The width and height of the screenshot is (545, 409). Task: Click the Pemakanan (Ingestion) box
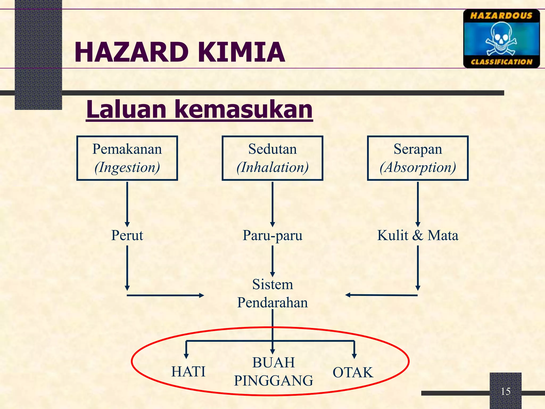point(127,158)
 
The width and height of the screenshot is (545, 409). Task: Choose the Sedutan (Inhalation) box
point(272,158)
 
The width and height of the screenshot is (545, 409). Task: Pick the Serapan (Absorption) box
point(418,158)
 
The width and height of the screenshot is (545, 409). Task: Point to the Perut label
point(127,235)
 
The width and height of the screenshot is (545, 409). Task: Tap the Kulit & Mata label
point(418,235)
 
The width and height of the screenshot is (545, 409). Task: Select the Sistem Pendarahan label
point(272,293)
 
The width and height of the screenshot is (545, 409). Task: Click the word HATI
point(188,372)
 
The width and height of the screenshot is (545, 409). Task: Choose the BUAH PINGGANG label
point(273,371)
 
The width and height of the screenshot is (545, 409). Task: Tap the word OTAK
point(353,372)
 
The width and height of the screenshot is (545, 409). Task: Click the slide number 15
point(505,391)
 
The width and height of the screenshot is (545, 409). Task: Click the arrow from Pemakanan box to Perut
point(127,204)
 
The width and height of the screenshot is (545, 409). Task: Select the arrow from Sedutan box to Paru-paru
point(272,204)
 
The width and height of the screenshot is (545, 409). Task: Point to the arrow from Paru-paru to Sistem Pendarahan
point(272,261)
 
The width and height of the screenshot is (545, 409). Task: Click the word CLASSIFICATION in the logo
point(501,62)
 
